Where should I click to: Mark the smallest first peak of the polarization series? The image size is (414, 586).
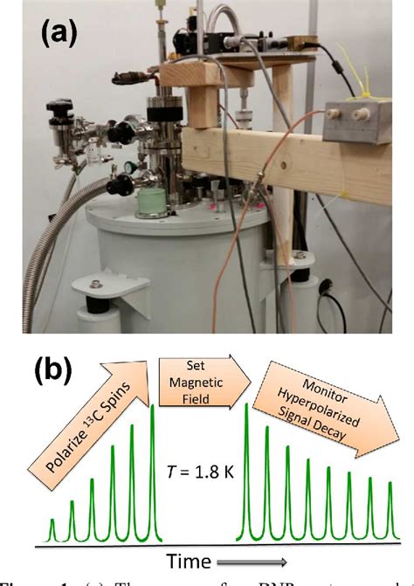(52, 530)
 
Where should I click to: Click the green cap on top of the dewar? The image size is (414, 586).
(149, 203)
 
